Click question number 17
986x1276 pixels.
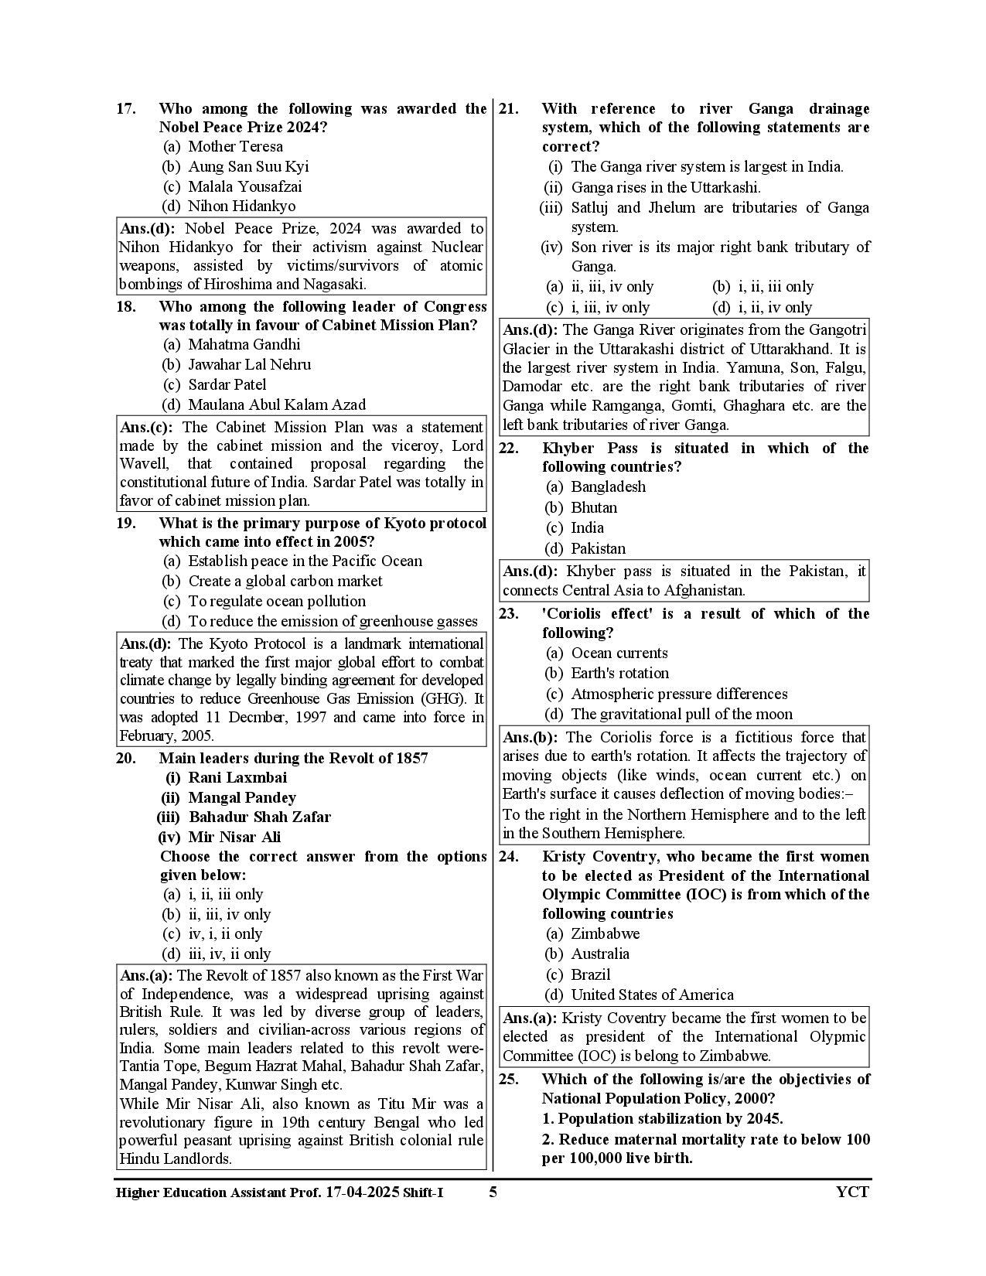point(126,109)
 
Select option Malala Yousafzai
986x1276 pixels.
point(244,186)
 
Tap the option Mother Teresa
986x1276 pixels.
point(235,146)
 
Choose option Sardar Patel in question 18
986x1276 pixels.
point(227,384)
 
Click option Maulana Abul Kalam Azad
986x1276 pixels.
point(277,404)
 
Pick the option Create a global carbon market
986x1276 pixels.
point(285,581)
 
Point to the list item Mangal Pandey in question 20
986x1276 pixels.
point(241,797)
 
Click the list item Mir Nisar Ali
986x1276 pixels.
point(234,837)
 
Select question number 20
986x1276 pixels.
point(126,758)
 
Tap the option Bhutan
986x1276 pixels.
point(593,507)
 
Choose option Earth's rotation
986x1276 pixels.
point(619,673)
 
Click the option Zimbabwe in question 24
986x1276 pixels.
point(605,933)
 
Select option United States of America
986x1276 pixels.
point(652,995)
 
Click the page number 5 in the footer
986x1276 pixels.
point(493,1192)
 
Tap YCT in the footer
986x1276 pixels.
point(852,1192)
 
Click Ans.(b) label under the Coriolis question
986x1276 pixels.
point(532,737)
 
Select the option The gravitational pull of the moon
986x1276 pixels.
point(681,714)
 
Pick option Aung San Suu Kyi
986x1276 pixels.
point(247,166)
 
